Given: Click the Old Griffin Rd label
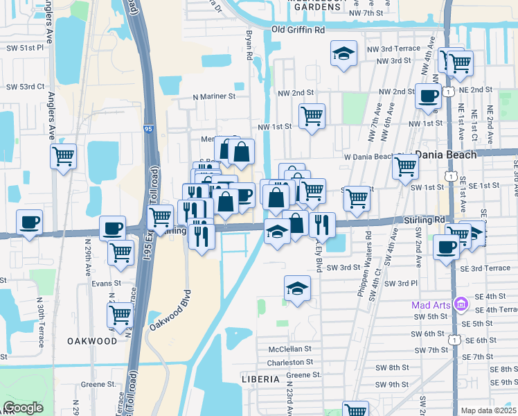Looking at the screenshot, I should pyautogui.click(x=298, y=31).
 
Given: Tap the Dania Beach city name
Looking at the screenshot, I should pyautogui.click(x=446, y=155).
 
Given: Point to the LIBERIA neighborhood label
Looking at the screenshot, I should pyautogui.click(x=260, y=379).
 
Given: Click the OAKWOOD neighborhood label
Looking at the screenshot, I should pyautogui.click(x=92, y=341).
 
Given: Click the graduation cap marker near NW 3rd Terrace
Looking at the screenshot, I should pyautogui.click(x=343, y=54).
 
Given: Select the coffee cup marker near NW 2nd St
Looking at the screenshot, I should pyautogui.click(x=428, y=95).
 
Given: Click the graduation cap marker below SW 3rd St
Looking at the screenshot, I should pyautogui.click(x=297, y=288).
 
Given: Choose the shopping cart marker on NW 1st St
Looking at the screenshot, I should pyautogui.click(x=312, y=116).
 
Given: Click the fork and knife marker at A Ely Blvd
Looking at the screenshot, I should pyautogui.click(x=322, y=224).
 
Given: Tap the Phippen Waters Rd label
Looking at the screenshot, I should pyautogui.click(x=364, y=269).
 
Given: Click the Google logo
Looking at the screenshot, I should pyautogui.click(x=24, y=408).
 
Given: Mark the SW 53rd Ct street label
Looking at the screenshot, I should pyautogui.click(x=25, y=87).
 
